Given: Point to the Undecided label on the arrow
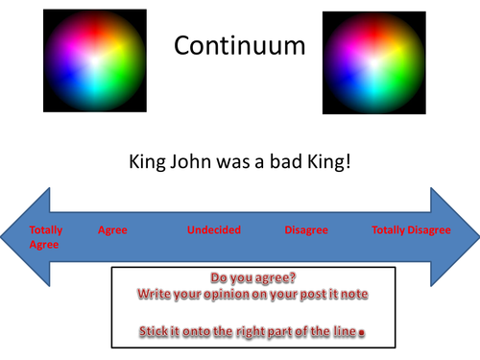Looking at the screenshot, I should pos(213,230).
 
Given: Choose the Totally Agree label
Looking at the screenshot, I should pos(44,237).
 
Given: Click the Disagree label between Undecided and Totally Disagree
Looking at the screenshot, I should pos(306,230).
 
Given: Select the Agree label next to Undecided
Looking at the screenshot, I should pos(112,230).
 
